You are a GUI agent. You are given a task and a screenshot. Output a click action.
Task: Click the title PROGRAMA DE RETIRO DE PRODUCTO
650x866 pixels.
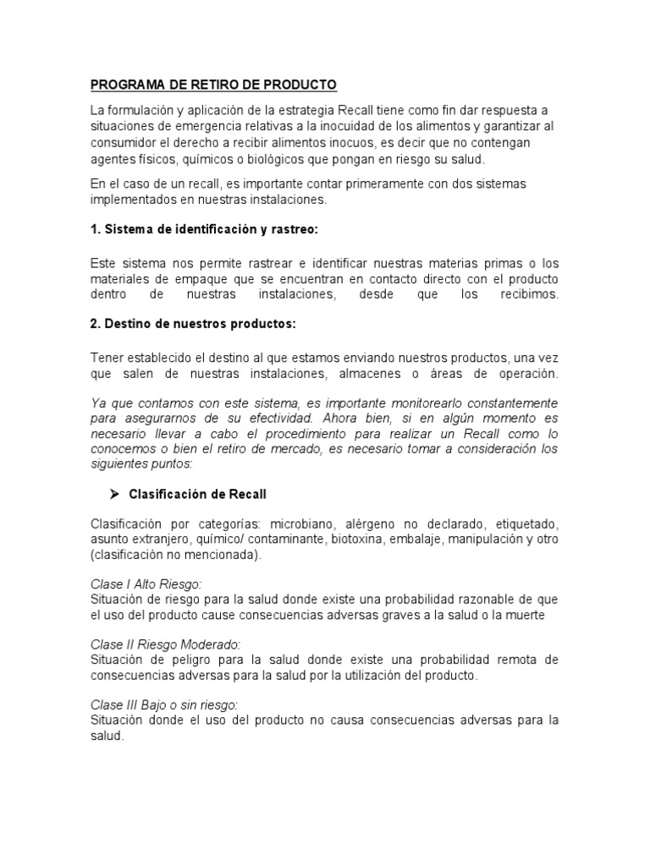click(x=213, y=85)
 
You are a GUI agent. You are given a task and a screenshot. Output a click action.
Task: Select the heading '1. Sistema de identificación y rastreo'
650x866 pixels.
click(x=204, y=230)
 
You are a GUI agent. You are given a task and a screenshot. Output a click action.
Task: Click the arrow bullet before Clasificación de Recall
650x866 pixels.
click(x=116, y=493)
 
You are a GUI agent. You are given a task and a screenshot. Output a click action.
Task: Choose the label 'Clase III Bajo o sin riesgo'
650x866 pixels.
click(x=163, y=704)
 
